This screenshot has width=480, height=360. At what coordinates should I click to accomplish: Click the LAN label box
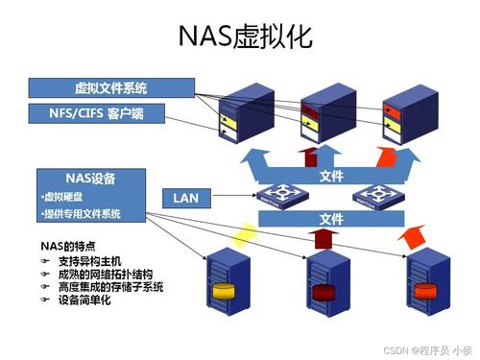tap(186, 198)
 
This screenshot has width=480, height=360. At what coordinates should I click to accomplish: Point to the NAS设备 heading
tap(90, 179)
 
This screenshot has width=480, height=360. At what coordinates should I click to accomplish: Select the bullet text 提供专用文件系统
tap(82, 213)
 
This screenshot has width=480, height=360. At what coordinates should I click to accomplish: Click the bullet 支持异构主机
tap(86, 260)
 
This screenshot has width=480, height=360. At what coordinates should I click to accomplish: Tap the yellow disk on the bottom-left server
tap(223, 292)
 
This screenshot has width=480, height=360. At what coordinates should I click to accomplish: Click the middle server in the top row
tap(316, 108)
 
